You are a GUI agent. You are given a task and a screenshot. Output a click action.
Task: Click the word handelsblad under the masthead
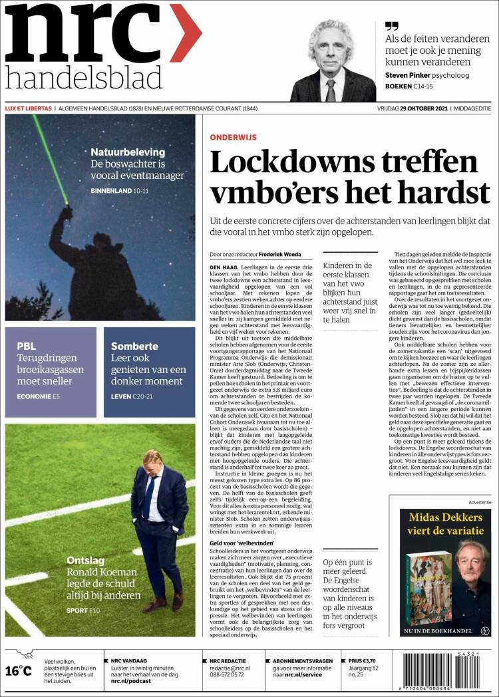pyautogui.click(x=84, y=77)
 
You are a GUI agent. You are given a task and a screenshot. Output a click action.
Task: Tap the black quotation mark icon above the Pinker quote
pyautogui.click(x=392, y=26)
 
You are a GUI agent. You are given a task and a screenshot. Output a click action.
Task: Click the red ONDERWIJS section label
pyautogui.click(x=233, y=137)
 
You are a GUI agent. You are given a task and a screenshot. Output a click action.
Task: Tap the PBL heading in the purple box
pyautogui.click(x=26, y=346)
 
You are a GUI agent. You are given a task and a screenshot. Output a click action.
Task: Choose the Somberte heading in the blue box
pyautogui.click(x=134, y=346)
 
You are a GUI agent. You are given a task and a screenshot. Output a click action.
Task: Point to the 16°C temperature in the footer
pyautogui.click(x=18, y=670)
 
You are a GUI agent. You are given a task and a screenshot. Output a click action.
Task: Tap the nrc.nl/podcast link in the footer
pyautogui.click(x=130, y=680)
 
